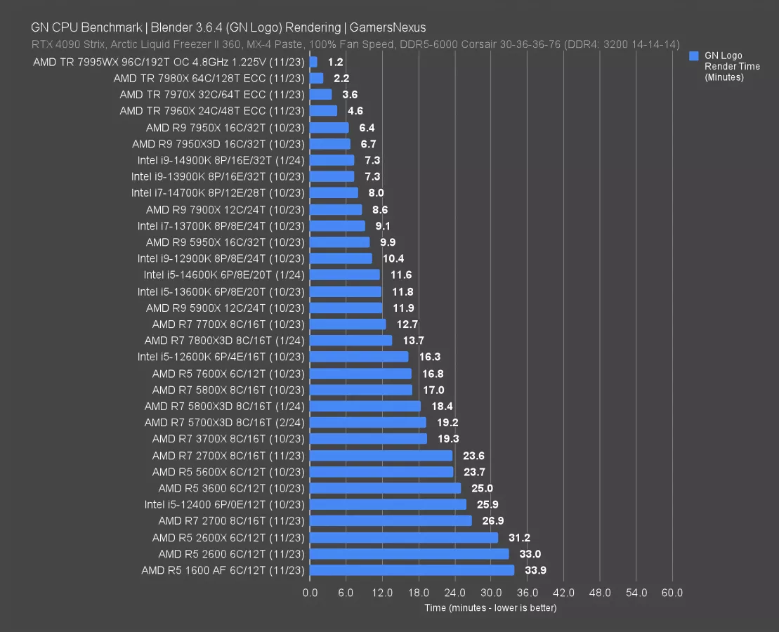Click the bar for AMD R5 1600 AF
coord(412,570)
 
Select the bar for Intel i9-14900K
coord(332,160)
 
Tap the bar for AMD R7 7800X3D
coord(351,341)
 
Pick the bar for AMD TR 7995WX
coord(313,62)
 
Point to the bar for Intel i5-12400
coord(388,504)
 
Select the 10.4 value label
coord(393,258)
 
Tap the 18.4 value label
coord(441,406)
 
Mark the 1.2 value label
coord(335,62)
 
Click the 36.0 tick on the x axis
coord(527,593)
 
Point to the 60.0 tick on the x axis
coord(672,593)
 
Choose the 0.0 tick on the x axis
coord(310,593)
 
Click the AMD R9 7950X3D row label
coord(218,144)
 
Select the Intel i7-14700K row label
coord(218,193)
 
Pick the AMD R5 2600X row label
coord(228,537)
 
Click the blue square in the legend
coord(694,55)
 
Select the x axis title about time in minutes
coord(490,607)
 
